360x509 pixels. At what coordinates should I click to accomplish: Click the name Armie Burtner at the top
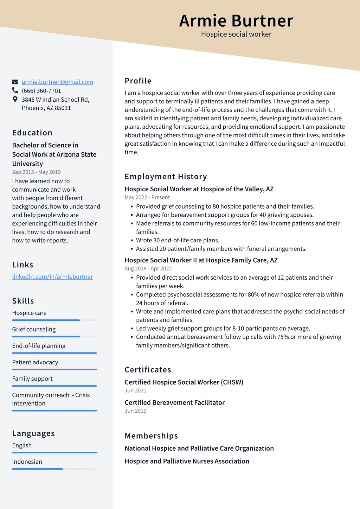point(236,21)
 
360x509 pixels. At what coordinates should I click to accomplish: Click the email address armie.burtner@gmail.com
point(57,82)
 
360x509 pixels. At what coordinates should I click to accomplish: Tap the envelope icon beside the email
point(15,82)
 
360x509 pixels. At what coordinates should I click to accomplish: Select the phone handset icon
point(15,90)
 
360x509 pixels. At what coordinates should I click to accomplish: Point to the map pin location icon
point(15,99)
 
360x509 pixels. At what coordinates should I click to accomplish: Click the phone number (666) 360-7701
point(41,91)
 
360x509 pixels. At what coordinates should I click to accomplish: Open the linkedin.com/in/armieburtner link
point(52,277)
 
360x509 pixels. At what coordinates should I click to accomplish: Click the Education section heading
point(32,133)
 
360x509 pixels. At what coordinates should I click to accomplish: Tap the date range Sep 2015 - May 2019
point(36,172)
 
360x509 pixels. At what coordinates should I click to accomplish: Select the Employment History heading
point(166,177)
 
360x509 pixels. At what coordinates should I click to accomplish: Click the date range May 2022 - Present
point(147,197)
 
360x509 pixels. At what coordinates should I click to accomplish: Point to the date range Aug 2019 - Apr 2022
point(148,268)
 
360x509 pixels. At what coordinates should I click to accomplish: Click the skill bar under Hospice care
point(54,320)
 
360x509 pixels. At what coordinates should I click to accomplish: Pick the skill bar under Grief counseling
point(54,337)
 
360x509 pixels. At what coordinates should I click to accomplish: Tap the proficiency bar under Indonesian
point(54,469)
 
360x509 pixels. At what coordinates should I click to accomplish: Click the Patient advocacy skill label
point(35,362)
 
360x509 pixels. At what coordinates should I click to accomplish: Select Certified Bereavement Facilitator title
point(174,402)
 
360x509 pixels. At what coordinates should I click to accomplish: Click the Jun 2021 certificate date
point(135,390)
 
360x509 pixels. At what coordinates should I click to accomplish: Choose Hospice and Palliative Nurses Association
point(187,461)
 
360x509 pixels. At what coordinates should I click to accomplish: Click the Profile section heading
point(138,81)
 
